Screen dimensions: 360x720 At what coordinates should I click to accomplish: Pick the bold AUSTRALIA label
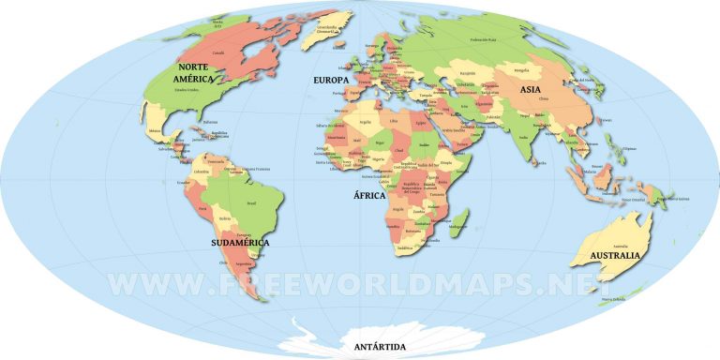615,255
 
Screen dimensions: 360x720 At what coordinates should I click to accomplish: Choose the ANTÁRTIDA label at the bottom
380,347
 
